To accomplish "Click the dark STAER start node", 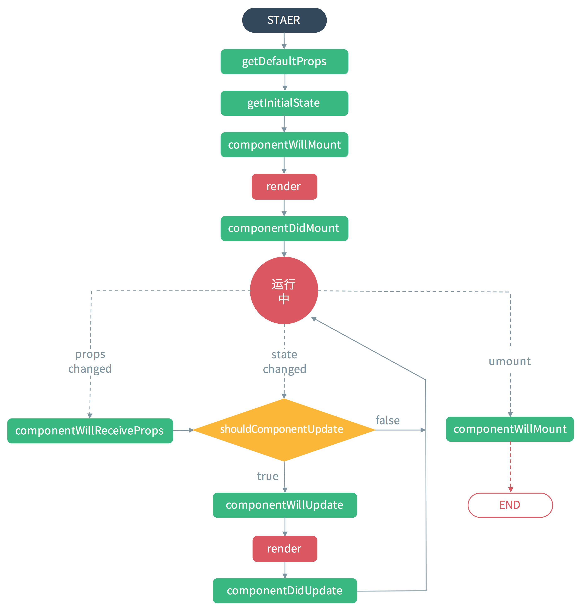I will coord(284,20).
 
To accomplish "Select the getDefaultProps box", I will coord(284,62).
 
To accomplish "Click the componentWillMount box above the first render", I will coord(284,145).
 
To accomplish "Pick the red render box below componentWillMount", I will coord(284,186).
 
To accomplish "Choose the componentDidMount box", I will coord(284,228).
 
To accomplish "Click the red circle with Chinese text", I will coord(284,290).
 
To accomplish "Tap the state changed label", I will coord(284,361).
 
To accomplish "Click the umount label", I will coord(509,361).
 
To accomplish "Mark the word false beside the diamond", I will coord(387,420).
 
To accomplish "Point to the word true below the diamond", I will coord(268,476).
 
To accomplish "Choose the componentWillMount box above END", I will coord(509,429).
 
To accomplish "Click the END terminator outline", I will coord(510,505).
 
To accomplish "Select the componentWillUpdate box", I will coord(284,505).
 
